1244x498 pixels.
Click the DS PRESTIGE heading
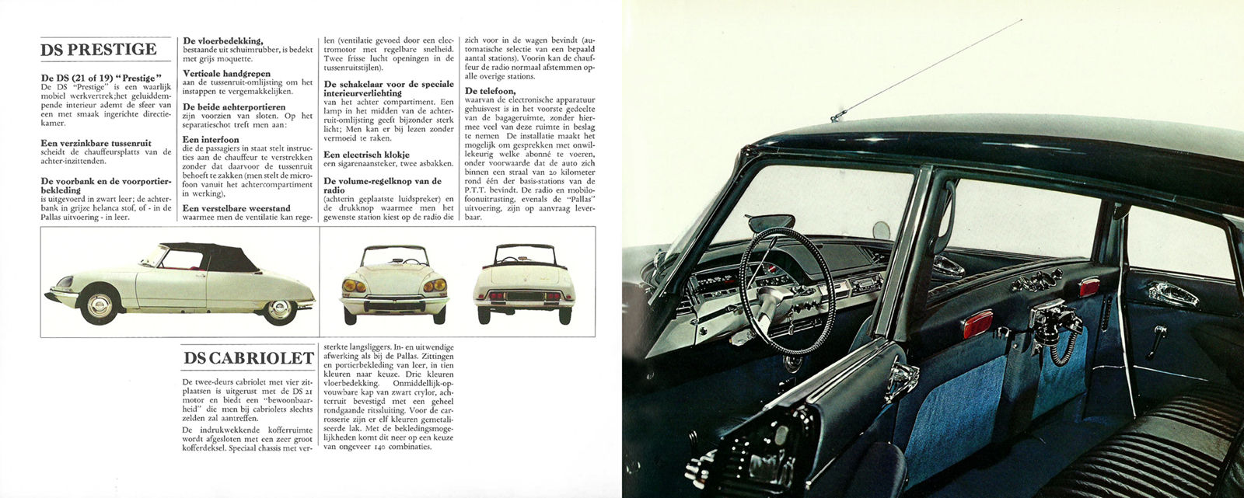99,50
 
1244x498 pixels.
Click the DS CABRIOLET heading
249,358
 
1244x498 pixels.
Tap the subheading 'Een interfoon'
211,140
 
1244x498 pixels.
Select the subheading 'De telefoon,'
490,91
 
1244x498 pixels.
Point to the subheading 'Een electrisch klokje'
366,155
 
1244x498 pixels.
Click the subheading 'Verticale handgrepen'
227,74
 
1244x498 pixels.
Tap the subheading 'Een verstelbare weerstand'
236,208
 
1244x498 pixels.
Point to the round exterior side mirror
882,229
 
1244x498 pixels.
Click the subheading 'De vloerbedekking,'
223,40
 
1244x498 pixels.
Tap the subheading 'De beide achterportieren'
234,107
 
